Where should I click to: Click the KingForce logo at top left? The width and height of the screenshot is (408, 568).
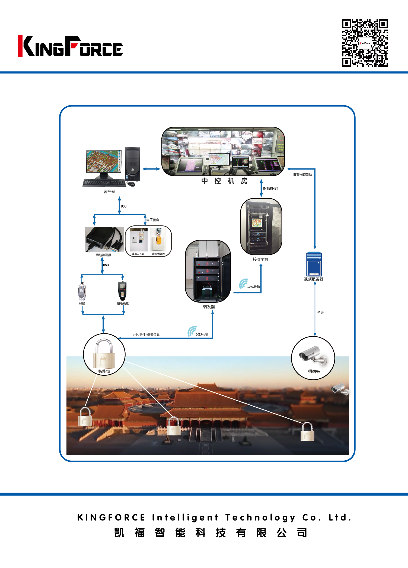click(x=70, y=46)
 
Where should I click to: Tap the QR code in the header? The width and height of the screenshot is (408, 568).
click(x=365, y=43)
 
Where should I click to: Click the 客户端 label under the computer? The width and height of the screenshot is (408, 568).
click(x=109, y=192)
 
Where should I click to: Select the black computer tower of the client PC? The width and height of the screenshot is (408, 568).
click(x=132, y=164)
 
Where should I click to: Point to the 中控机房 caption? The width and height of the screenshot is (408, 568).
click(x=224, y=181)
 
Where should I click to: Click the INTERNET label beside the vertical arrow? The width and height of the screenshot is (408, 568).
click(x=270, y=188)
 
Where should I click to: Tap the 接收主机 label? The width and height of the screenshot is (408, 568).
click(x=260, y=259)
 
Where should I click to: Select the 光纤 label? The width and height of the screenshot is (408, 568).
click(x=320, y=312)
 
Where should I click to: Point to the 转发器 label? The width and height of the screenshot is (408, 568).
click(x=209, y=307)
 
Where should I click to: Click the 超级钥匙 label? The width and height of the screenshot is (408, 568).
click(x=123, y=303)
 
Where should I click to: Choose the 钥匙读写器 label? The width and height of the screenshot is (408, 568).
click(x=103, y=255)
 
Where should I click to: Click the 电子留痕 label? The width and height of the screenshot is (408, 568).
click(x=152, y=220)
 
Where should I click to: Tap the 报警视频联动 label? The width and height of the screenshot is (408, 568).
click(x=302, y=175)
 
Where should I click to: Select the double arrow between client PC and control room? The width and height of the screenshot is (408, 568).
click(x=151, y=169)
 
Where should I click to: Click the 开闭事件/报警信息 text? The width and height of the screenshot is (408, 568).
click(x=146, y=334)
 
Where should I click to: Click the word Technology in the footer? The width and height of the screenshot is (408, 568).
click(x=260, y=518)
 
